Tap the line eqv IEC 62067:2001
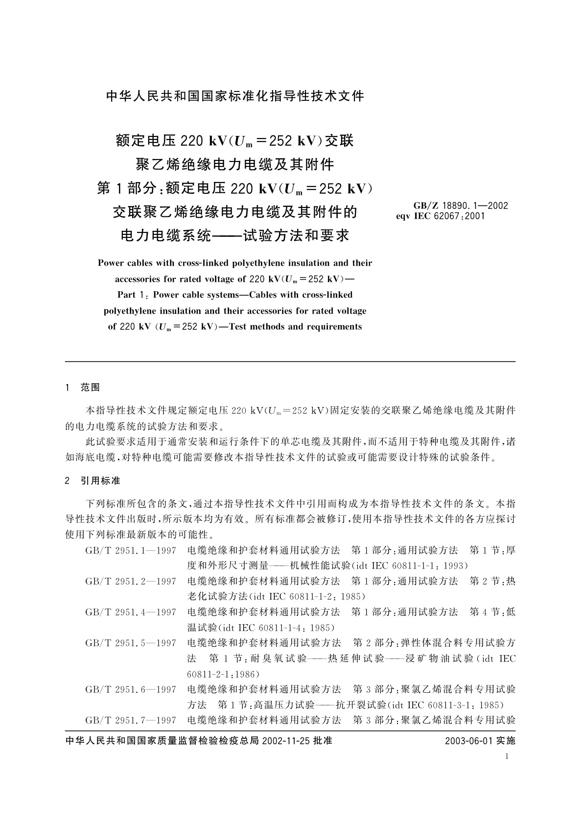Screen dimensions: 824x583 coord(440,215)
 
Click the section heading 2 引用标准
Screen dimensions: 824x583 coord(93,481)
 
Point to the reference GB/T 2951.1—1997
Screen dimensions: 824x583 coord(131,550)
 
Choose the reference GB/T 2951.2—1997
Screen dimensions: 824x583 coord(131,581)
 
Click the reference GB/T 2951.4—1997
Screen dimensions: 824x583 coord(131,612)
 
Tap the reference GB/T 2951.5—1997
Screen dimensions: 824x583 coord(131,643)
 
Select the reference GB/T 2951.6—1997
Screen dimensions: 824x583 coord(131,689)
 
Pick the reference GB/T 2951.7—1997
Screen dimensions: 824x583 coord(131,720)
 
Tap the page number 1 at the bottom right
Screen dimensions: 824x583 coord(507,756)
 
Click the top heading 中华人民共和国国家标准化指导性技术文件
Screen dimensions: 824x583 coord(235,96)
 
